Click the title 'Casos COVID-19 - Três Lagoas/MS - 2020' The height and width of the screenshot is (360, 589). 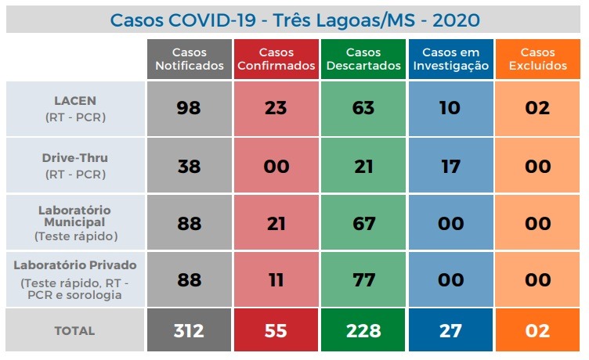[294, 19]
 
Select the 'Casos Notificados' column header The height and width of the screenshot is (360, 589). [189, 59]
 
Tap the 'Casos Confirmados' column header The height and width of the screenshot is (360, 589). [276, 59]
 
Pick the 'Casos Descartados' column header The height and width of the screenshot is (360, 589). [363, 59]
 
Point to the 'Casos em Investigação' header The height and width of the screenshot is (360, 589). [450, 59]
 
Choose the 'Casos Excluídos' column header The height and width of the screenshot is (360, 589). [537, 59]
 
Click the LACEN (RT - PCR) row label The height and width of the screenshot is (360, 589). [75, 108]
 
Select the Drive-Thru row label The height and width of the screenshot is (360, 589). [75, 165]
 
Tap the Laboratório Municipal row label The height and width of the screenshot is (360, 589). [75, 222]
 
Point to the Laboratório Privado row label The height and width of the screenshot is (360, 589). [75, 279]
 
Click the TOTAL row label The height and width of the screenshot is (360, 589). [75, 331]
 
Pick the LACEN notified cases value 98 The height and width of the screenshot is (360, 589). [189, 108]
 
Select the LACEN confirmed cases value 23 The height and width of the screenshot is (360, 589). [276, 108]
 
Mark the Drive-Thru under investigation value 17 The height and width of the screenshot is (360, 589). [450, 166]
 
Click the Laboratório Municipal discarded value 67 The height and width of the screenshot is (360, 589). [363, 224]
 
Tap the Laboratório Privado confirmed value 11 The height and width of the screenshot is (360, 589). [276, 280]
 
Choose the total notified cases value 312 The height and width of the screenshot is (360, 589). [189, 331]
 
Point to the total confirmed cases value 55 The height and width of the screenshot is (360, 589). [276, 331]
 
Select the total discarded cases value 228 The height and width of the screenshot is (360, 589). [363, 331]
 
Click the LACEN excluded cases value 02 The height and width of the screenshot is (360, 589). [537, 108]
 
